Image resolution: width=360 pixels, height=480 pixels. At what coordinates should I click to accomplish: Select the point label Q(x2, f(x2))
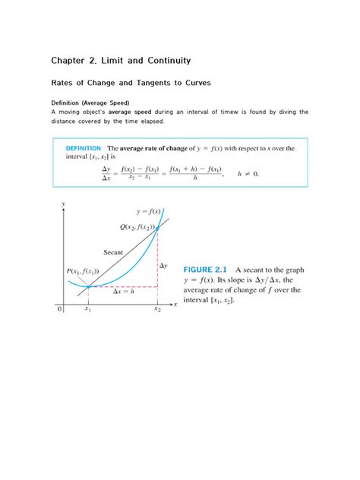pos(137,226)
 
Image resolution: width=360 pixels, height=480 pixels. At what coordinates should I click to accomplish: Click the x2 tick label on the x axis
pos(157,310)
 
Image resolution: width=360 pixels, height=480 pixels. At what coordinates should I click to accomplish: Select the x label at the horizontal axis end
pos(175,304)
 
